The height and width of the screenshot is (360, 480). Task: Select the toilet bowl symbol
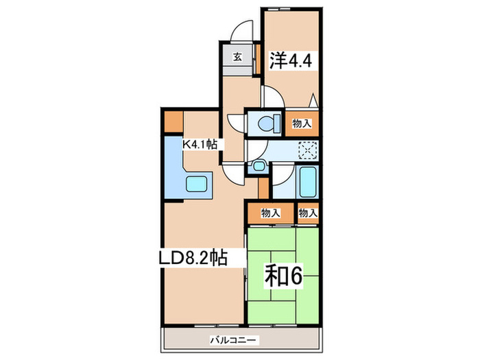[268, 123]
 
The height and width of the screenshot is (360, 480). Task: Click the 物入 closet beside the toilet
[302, 123]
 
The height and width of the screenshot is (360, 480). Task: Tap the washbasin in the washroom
[259, 166]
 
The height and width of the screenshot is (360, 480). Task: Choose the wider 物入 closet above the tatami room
[271, 213]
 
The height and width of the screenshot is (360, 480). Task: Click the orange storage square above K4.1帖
[172, 121]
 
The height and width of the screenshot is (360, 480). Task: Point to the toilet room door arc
[237, 121]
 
